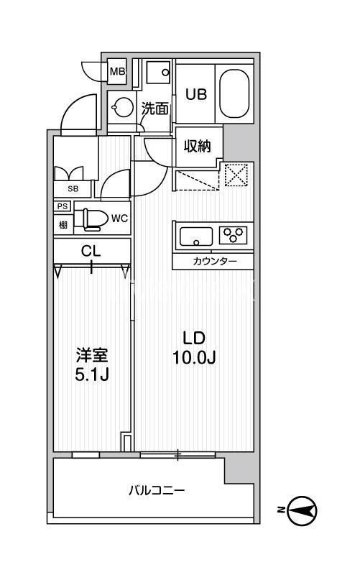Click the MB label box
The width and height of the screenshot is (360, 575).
click(x=117, y=71)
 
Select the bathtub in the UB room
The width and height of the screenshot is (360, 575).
click(x=234, y=93)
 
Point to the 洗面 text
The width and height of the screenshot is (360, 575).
click(x=155, y=109)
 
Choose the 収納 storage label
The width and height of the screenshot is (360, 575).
click(x=196, y=147)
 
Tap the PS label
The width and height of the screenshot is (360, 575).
click(x=63, y=207)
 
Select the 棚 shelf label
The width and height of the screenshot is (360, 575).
click(x=63, y=224)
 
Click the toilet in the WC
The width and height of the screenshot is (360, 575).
click(x=91, y=218)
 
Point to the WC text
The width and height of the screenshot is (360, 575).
click(x=119, y=218)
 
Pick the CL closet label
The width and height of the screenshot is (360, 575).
click(x=91, y=251)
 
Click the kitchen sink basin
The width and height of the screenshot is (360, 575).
click(x=195, y=235)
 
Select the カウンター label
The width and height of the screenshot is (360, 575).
click(x=213, y=261)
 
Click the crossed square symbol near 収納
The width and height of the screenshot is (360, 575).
click(x=235, y=174)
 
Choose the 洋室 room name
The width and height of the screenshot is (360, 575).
click(x=93, y=355)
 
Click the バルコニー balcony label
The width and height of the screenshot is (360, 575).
click(x=156, y=491)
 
